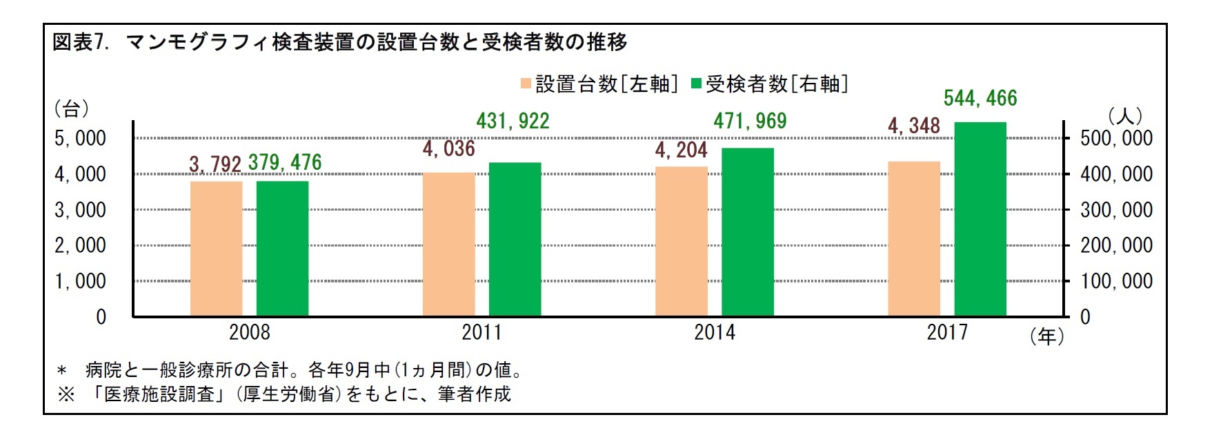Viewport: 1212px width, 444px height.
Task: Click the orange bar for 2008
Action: coord(216,249)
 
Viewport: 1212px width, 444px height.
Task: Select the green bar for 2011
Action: coord(515,240)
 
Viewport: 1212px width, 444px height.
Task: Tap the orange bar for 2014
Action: coord(681,242)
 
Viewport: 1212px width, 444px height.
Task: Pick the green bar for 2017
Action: coord(980,220)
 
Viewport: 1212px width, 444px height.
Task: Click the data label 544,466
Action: coord(980,99)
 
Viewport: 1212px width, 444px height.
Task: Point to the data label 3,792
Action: coord(215,164)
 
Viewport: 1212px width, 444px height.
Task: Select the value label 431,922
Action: coord(513,122)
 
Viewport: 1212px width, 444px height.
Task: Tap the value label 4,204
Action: coord(681,150)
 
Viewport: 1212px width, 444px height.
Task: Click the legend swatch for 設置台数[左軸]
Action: coord(526,84)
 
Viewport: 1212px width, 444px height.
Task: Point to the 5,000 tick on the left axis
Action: coord(80,139)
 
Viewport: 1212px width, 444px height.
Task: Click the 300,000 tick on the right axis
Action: coord(1116,210)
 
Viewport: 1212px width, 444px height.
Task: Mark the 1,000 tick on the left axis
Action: coord(80,282)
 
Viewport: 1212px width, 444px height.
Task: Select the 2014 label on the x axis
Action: coord(714,333)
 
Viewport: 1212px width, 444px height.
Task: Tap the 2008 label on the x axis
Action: coord(249,333)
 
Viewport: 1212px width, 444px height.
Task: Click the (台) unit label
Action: coord(71,108)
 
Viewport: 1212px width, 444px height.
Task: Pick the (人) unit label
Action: coord(1124,115)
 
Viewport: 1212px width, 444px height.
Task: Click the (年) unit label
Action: coord(1046,336)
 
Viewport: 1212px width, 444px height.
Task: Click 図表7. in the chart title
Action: coord(81,43)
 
